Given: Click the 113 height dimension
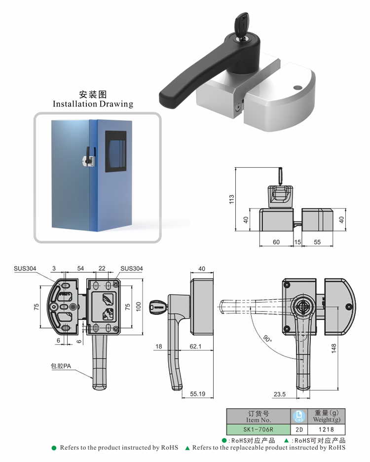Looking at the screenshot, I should (231, 199).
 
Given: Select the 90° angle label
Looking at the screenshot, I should (267, 340).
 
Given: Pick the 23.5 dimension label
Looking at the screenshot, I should (279, 394).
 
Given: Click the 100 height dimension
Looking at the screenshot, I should (139, 307).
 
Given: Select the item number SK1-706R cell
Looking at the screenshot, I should (259, 429).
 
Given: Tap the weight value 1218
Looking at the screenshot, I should (327, 429).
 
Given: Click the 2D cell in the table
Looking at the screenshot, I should (299, 429).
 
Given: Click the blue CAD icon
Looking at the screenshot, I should (299, 416).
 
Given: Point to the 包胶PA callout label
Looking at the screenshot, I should (62, 366).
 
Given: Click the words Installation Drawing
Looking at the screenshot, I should (93, 104).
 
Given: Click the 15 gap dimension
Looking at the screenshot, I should (297, 242).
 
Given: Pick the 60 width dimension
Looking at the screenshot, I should (276, 242).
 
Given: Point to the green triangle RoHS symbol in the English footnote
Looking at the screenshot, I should (187, 448).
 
